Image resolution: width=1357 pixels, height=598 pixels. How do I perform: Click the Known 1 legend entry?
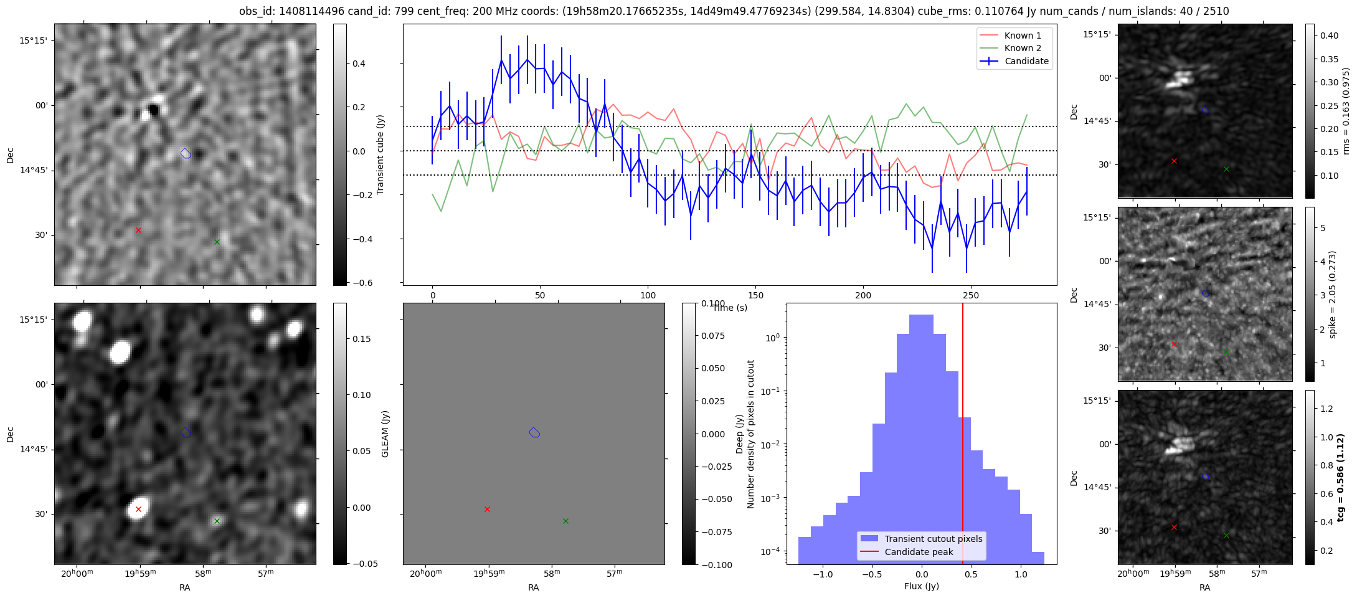(1023, 36)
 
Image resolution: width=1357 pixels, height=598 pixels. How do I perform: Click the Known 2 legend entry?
(1023, 48)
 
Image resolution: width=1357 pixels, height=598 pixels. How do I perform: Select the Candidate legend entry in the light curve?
(1026, 61)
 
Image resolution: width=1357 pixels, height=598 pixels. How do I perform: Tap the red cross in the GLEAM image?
(138, 509)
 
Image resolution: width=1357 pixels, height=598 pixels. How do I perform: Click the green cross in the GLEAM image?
(217, 521)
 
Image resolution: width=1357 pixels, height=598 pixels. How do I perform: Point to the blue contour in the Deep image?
(534, 432)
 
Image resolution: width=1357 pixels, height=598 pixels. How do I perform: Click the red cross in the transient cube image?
(138, 230)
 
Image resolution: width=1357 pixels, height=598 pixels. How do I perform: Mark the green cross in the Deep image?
(565, 521)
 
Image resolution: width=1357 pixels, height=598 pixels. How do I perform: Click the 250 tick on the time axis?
(971, 295)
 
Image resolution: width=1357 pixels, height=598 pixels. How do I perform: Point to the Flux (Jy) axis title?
(921, 586)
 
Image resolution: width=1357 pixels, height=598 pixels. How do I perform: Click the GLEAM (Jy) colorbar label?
(385, 434)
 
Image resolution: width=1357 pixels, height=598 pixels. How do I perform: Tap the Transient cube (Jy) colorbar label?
(380, 154)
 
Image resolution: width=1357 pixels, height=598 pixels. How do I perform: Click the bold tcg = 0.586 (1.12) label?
(1340, 477)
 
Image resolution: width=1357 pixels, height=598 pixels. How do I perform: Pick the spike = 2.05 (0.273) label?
(1332, 294)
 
